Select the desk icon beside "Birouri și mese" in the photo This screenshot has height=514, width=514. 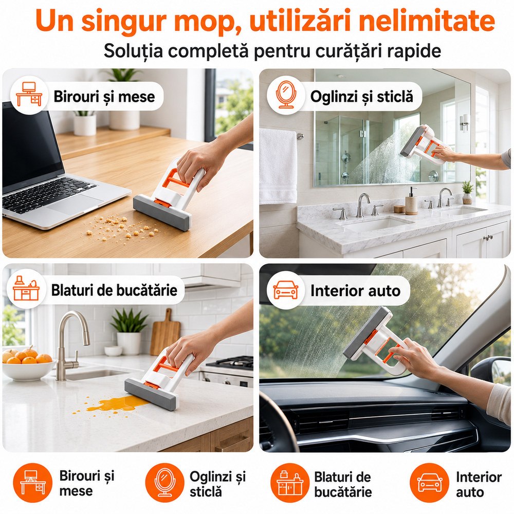[29, 95]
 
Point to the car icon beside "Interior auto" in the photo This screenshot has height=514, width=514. [286, 290]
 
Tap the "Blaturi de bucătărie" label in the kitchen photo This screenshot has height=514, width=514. [114, 290]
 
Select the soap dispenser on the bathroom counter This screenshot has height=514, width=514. [411, 201]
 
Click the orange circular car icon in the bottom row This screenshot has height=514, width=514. [429, 483]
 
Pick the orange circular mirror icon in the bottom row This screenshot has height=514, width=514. [165, 483]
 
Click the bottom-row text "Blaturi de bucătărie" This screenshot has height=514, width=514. [343, 485]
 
